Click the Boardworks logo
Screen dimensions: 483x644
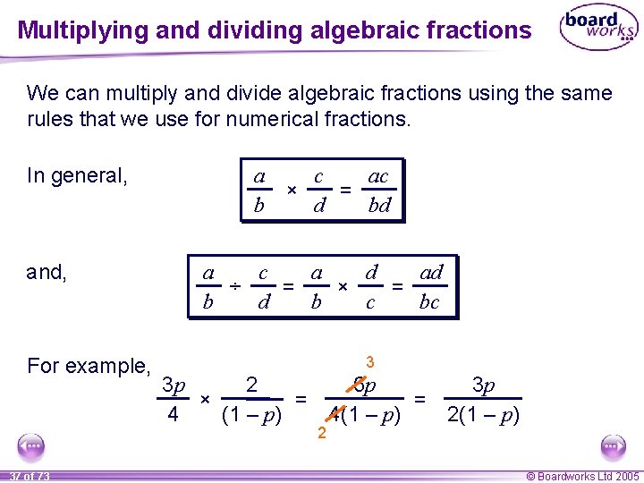(x=597, y=30)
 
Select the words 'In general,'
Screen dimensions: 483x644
(x=78, y=175)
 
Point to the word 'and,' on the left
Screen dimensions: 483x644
(x=47, y=272)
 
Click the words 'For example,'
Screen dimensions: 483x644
(x=89, y=366)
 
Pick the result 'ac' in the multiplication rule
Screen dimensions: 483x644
(x=378, y=176)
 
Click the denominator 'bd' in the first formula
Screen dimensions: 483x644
(x=379, y=206)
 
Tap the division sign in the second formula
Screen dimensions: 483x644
(x=233, y=286)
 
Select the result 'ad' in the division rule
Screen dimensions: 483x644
(x=431, y=272)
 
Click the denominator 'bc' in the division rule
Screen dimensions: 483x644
(x=429, y=302)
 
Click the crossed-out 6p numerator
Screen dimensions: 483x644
(x=365, y=386)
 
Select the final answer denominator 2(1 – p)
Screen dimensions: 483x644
(x=483, y=415)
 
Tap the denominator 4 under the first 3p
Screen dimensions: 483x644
(x=173, y=415)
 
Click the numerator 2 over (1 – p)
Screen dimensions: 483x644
(x=252, y=386)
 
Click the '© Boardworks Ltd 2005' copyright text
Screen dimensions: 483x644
(x=583, y=476)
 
